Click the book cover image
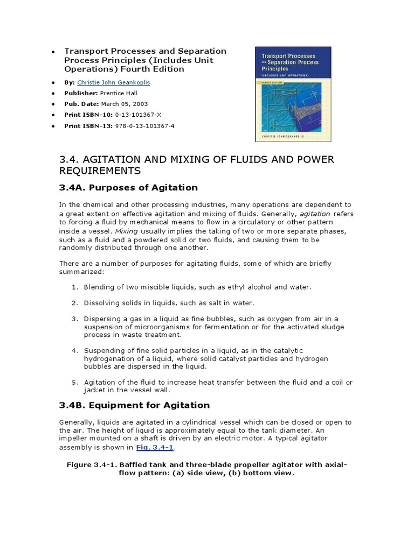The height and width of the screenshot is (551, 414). click(x=293, y=94)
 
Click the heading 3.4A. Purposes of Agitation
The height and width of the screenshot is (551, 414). click(x=128, y=188)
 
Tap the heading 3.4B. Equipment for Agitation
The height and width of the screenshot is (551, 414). click(x=134, y=405)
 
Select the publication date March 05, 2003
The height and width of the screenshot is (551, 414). click(x=126, y=104)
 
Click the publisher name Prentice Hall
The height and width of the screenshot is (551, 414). click(x=127, y=93)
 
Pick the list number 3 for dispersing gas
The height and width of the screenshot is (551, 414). click(x=75, y=319)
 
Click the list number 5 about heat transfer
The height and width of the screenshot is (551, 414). click(x=75, y=382)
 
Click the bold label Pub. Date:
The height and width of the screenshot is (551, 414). click(x=82, y=104)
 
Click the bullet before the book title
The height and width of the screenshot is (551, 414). click(x=53, y=52)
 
